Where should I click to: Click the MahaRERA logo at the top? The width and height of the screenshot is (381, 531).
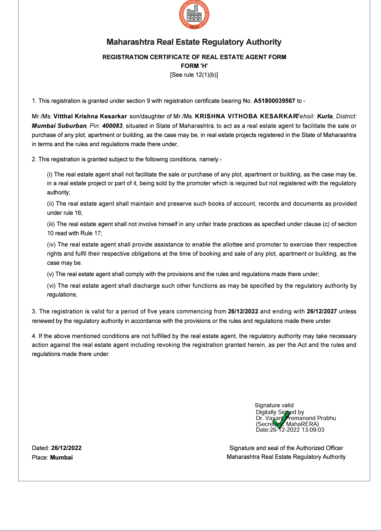[x=194, y=15]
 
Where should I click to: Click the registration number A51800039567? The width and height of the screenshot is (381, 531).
[x=274, y=101]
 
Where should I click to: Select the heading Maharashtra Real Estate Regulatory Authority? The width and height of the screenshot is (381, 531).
[x=194, y=42]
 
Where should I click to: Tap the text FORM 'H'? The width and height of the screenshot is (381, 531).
[x=194, y=66]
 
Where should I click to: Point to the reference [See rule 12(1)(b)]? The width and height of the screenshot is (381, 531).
[x=194, y=75]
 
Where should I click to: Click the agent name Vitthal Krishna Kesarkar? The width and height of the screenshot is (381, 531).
[x=90, y=117]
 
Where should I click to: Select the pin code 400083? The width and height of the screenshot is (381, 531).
[x=112, y=126]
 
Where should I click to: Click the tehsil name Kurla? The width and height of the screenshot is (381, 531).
[x=325, y=117]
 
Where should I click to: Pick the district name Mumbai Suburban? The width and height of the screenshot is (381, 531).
[x=59, y=126]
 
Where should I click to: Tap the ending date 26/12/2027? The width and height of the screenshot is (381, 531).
[x=322, y=312]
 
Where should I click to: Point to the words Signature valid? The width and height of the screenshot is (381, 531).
[x=274, y=405]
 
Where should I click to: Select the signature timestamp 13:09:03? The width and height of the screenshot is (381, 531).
[x=313, y=430]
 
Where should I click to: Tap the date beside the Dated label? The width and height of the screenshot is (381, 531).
[x=66, y=448]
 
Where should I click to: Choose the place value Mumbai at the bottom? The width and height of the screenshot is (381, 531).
[x=61, y=457]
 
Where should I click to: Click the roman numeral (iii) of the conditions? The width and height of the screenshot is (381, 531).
[x=51, y=224]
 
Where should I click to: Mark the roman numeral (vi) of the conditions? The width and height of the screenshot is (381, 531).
[x=52, y=286]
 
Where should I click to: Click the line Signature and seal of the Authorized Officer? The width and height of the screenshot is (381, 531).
[x=286, y=448]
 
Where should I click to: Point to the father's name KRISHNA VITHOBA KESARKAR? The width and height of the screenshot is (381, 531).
[x=246, y=117]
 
